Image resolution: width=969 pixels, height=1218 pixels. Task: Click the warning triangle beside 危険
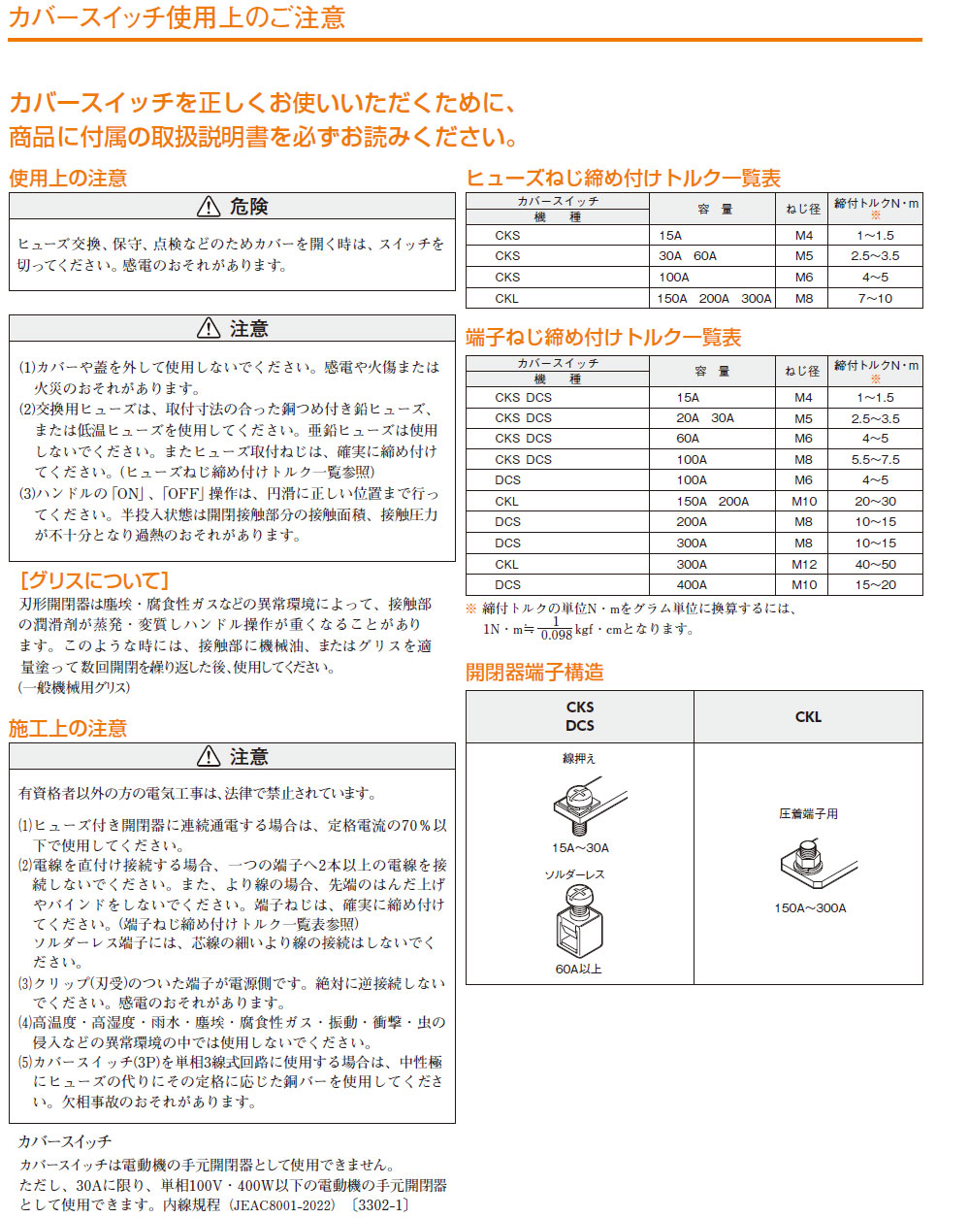tap(209, 207)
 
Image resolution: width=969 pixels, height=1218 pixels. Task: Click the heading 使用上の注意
tap(68, 179)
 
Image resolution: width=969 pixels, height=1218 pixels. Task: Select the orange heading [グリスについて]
tap(94, 580)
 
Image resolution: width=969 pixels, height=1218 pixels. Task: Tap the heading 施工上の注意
tap(68, 729)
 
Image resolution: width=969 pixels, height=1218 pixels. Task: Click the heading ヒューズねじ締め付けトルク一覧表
tap(623, 179)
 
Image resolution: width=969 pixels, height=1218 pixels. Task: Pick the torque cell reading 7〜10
tap(875, 298)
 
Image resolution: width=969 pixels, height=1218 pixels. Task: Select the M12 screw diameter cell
tap(803, 564)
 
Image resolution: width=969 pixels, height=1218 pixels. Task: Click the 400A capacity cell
tap(692, 585)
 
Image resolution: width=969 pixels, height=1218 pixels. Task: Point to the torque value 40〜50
tap(875, 564)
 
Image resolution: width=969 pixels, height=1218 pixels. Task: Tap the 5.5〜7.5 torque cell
tap(875, 459)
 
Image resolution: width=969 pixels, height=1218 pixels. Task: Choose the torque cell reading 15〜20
tap(875, 585)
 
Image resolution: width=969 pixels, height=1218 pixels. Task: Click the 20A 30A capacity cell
tap(705, 418)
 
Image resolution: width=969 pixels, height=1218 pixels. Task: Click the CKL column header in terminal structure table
tap(808, 717)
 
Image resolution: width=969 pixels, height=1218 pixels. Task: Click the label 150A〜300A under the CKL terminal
tap(810, 908)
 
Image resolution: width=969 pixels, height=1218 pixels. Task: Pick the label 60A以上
tap(578, 969)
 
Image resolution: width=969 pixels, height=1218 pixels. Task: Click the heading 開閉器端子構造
tap(534, 673)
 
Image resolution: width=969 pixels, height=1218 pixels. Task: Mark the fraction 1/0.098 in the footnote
tap(556, 628)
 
